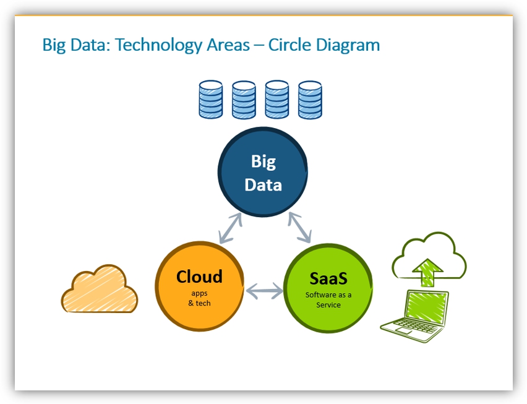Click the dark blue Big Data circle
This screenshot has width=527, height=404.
pos(262,172)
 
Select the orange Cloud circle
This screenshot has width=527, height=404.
pos(200,286)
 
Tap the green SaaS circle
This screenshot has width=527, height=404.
pos(328,288)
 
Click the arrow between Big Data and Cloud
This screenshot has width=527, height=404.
pos(231,228)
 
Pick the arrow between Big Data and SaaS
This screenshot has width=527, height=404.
pos(300,227)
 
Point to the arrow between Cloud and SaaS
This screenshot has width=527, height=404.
pos(264,291)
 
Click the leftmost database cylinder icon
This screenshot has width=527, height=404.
pos(211,100)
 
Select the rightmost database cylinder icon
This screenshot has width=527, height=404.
pos(311,100)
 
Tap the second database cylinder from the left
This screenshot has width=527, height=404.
pos(244,100)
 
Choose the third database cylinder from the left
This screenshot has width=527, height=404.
pos(277,100)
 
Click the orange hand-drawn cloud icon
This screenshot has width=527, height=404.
pos(100,289)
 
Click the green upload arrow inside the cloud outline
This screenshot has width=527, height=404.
pos(427,272)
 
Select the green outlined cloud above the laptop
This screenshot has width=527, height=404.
pos(429,256)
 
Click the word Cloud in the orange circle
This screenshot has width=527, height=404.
pos(199,277)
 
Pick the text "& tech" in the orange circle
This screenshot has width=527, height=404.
pos(199,303)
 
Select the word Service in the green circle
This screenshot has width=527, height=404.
pos(328,305)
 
